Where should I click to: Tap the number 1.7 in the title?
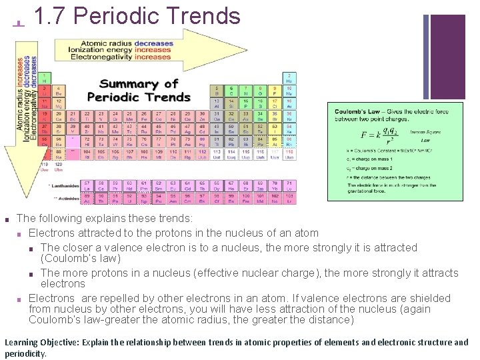coord(48,16)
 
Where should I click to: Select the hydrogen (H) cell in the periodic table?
coord(44,77)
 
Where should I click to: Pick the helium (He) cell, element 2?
coord(289,77)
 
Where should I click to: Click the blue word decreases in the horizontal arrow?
coord(153,44)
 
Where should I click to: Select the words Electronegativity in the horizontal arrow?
coord(101,57)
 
